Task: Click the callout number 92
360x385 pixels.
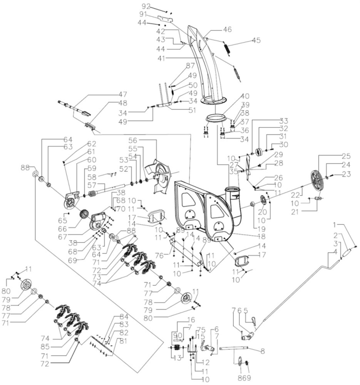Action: coord(146,7)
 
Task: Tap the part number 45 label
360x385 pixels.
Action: coord(256,40)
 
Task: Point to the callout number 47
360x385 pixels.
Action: coord(122,95)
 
